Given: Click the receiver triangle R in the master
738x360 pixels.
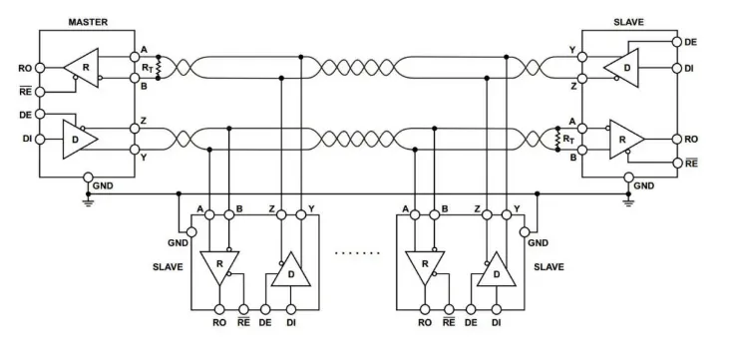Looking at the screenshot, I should click(81, 68).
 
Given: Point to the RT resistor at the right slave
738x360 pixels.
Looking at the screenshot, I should click(558, 140).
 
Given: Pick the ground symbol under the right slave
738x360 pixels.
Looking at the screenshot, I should click(628, 197).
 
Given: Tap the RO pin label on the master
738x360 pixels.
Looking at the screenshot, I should click(24, 69).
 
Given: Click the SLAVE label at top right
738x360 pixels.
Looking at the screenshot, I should click(630, 21).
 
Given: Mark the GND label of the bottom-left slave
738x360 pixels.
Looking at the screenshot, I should click(179, 243).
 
